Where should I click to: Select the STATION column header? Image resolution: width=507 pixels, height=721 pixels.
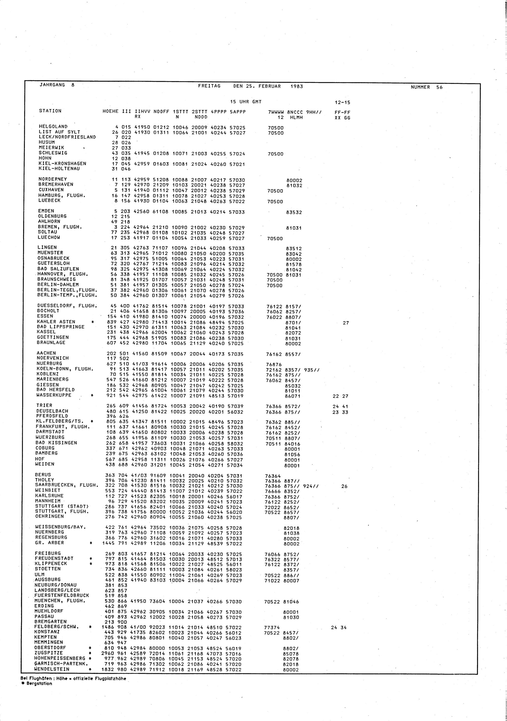(50, 111)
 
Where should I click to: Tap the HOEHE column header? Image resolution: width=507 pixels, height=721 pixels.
(110, 111)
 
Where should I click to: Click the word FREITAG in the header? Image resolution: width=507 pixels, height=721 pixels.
(209, 86)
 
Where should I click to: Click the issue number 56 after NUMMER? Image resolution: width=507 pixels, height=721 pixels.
(439, 87)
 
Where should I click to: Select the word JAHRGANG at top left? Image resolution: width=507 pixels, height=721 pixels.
(52, 85)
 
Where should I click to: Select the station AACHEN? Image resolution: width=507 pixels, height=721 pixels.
(46, 353)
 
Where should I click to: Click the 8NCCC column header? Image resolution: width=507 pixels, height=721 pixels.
(295, 112)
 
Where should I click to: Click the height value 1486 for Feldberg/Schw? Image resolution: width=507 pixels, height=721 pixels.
(108, 627)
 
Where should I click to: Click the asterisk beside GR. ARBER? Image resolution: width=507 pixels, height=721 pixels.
(91, 543)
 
